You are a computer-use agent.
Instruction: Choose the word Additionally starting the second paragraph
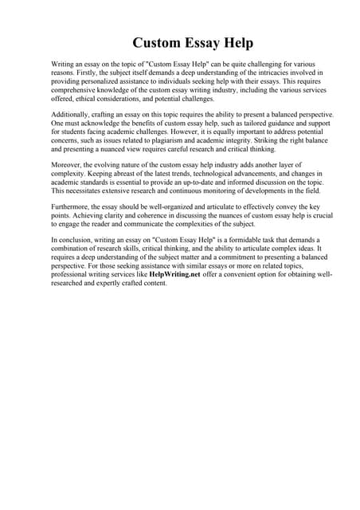click(x=69, y=115)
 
